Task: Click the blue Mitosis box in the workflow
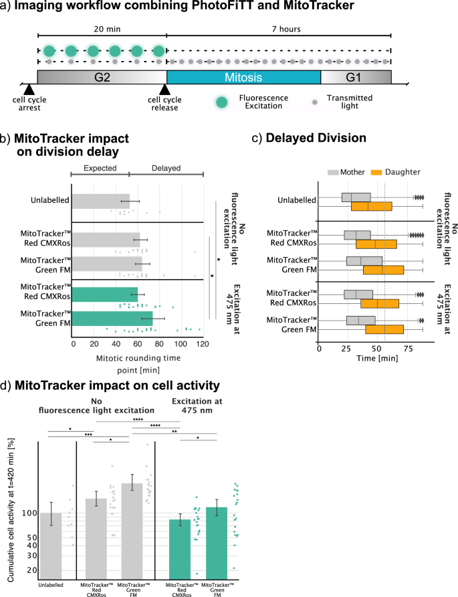click(243, 77)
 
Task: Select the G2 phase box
click(101, 77)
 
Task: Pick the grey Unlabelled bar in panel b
click(101, 200)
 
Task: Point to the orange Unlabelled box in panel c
click(371, 206)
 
